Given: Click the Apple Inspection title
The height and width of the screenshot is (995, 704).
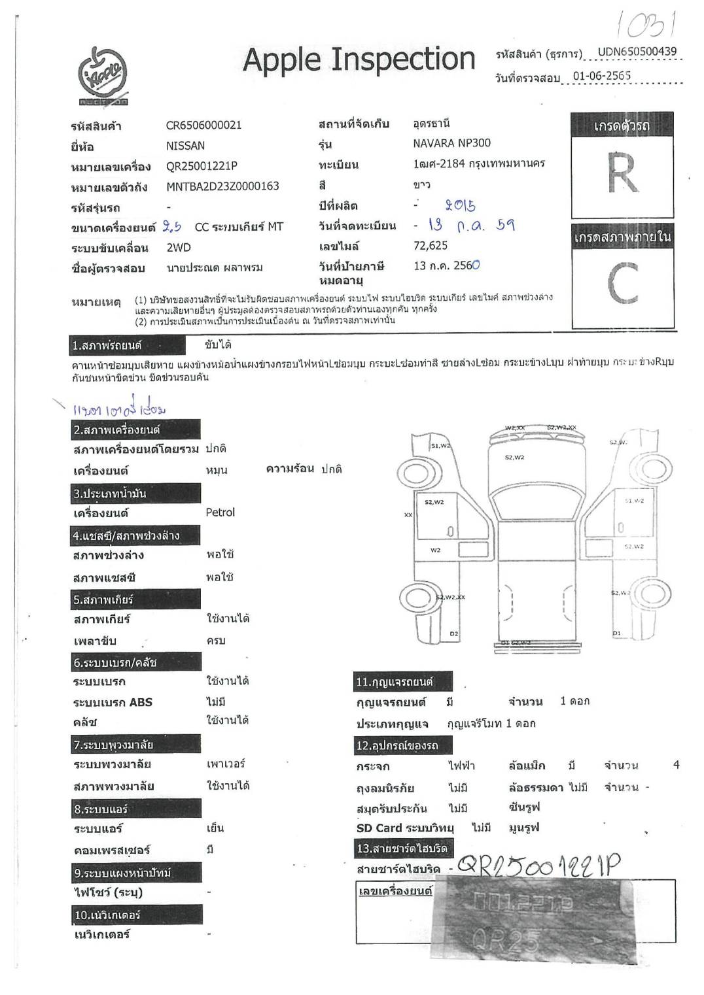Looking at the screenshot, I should tap(359, 59).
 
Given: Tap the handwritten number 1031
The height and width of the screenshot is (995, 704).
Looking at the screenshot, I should tap(646, 24).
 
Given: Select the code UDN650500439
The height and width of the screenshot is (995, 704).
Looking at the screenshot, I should tap(637, 52).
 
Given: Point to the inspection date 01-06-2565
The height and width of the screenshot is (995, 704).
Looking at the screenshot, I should tap(601, 76).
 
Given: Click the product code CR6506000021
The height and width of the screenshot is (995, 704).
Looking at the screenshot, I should tap(203, 125).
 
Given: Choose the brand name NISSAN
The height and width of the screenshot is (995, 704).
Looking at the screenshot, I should tap(185, 146).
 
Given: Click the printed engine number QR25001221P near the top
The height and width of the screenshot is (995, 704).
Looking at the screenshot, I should tap(202, 166).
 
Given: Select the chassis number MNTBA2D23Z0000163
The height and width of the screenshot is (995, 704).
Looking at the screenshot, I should tap(222, 186).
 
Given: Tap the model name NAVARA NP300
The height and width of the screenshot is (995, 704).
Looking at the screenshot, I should tap(451, 143).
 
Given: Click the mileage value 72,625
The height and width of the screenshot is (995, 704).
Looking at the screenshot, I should tap(431, 246).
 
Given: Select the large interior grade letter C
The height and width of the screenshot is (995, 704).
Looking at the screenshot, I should tap(622, 283).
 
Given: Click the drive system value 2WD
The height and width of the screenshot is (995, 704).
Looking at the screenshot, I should tap(178, 247).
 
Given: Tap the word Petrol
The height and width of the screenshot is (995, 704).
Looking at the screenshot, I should tap(220, 513).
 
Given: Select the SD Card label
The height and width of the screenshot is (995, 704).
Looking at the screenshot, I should tap(379, 828).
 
